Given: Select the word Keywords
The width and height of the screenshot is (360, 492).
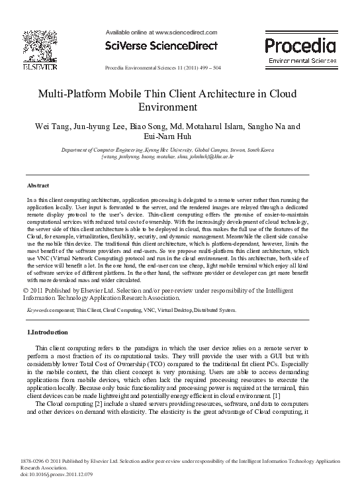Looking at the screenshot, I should (x=38, y=310).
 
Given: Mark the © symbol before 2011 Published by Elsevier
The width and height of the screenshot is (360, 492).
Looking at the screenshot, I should (x=26, y=289).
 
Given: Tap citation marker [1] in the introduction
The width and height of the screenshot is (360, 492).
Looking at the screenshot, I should (x=275, y=396).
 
